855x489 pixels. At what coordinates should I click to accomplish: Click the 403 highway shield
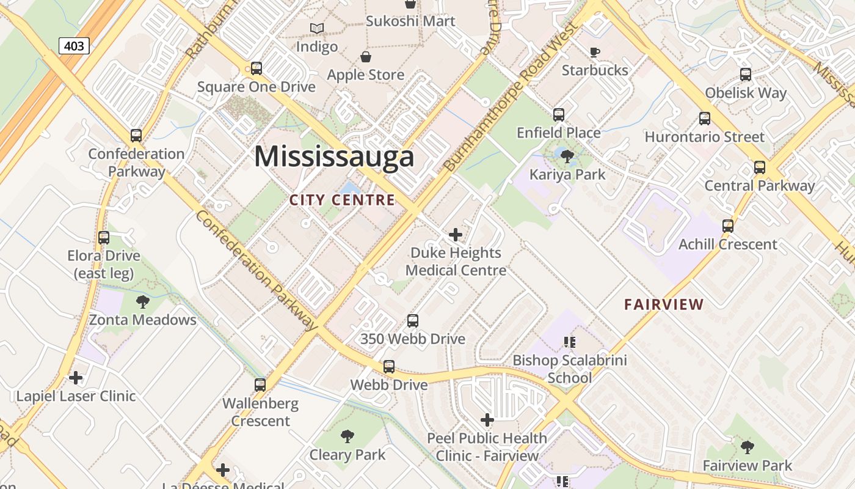coord(75,45)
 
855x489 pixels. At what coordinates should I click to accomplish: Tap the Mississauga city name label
coord(334,156)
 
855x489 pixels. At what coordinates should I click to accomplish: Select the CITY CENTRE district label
coord(342,200)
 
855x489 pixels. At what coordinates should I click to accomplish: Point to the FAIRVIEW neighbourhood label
coord(664,304)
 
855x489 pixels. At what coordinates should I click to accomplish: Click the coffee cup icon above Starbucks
coord(594,52)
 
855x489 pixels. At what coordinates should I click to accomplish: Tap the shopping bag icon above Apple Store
coord(365,57)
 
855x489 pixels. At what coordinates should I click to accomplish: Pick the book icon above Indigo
coord(316,28)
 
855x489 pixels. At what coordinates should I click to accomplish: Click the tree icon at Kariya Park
coord(567,156)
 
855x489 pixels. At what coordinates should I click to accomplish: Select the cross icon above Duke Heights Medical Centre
coord(455,234)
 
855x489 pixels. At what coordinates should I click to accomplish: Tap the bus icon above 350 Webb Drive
coord(413,321)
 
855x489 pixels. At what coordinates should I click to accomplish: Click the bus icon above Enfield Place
coord(558,114)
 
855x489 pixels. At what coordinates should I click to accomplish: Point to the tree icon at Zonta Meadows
coord(142,301)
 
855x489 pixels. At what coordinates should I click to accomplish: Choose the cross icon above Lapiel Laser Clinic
coord(76,378)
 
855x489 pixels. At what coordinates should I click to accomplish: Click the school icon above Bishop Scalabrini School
coord(569,342)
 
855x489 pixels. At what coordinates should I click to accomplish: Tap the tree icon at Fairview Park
coord(747,447)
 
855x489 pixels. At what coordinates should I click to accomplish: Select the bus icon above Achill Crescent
coord(727,226)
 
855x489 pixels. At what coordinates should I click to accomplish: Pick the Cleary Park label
coord(347,455)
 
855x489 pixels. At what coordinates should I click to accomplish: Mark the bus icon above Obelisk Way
coord(745,75)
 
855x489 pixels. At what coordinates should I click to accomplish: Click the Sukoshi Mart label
coord(410,21)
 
